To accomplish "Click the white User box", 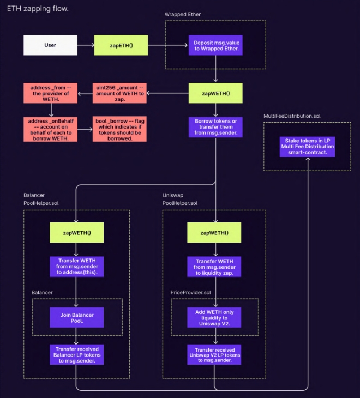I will pos(50,45).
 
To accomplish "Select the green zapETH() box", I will pos(121,45).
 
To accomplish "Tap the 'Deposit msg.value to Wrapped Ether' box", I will pos(216,45).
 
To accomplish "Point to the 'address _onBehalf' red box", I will pos(50,129).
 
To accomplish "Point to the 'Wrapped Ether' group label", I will pos(183,14).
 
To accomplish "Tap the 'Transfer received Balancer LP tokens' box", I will pos(76,354).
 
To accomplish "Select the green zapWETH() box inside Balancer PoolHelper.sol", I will pos(76,233).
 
